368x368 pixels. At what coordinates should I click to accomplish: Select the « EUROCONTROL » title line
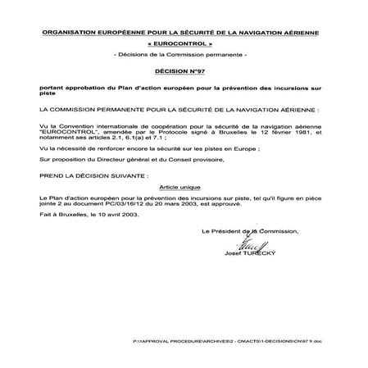pyautogui.click(x=183, y=43)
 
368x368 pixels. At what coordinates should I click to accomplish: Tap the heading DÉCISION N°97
pyautogui.click(x=183, y=71)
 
